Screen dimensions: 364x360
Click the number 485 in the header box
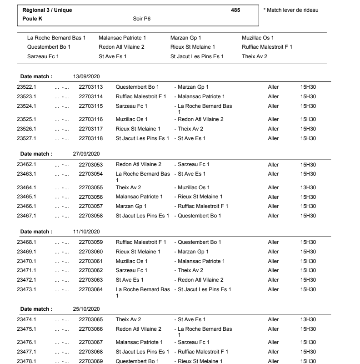coord(235,10)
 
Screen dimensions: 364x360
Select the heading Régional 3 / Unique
coord(47,10)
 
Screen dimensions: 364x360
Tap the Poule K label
coord(32,19)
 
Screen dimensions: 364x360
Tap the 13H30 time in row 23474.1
coord(308,319)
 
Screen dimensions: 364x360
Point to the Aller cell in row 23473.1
coord(274,289)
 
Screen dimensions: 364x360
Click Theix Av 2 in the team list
coord(255,56)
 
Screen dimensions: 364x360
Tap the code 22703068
coord(91,352)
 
